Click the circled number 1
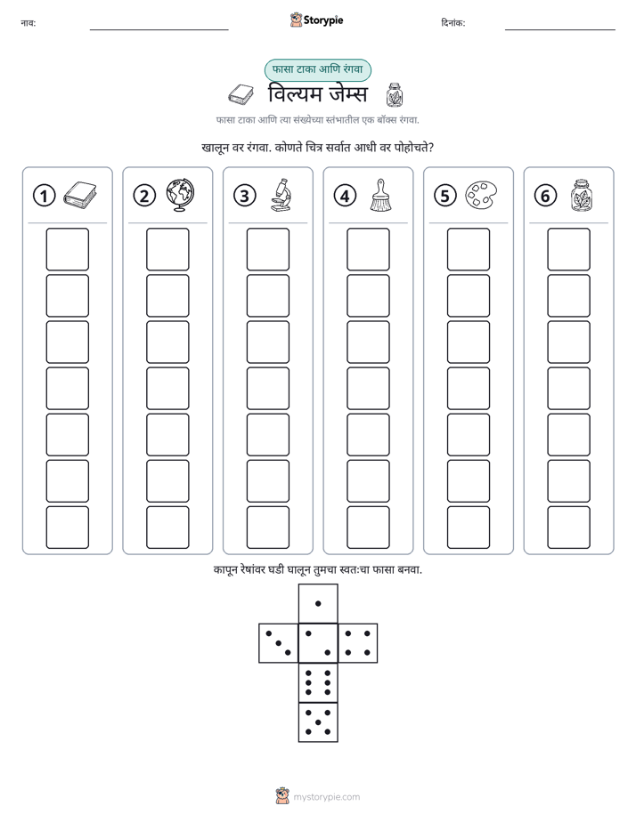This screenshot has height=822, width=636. [44, 196]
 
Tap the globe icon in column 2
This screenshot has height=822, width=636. [180, 195]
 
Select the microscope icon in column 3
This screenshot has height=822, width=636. [281, 195]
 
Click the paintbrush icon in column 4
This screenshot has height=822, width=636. [380, 195]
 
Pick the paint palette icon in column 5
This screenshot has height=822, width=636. [481, 195]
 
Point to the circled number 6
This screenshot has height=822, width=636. [545, 196]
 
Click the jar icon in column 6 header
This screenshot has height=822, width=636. [582, 195]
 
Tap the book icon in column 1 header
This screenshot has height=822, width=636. [80, 195]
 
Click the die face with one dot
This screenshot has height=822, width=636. [318, 603]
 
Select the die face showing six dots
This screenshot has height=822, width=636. [318, 682]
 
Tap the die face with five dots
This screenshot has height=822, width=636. [318, 722]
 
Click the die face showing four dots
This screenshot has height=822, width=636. [358, 642]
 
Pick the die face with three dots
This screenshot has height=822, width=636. [278, 642]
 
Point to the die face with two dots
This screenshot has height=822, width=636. [318, 642]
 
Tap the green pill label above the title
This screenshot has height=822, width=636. [317, 69]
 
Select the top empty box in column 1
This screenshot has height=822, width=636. [67, 249]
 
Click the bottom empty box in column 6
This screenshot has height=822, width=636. [569, 528]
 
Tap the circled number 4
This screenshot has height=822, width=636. [345, 196]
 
